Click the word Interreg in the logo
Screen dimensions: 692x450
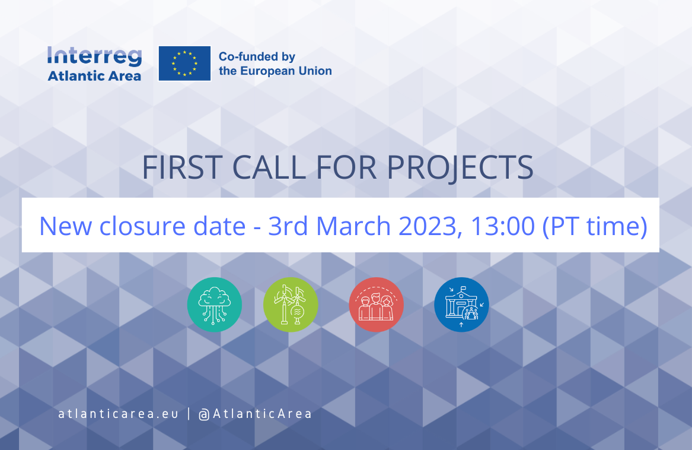94,57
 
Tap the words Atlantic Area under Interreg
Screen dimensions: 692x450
94,76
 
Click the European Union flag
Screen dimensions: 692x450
184,64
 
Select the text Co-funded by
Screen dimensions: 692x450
257,56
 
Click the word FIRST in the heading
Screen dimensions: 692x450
182,167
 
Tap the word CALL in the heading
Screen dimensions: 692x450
269,167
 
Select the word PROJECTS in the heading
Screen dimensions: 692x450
460,168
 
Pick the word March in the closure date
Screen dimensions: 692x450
353,226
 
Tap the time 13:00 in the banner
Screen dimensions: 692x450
503,226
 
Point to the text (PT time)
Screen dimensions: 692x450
595,226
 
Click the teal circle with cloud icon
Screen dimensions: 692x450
215,305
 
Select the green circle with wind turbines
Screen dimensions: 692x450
291,305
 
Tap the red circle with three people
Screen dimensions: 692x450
376,305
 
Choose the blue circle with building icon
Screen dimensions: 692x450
461,305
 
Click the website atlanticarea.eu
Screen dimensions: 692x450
118,414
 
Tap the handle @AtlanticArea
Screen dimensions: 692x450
256,414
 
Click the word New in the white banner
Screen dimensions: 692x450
66,226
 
